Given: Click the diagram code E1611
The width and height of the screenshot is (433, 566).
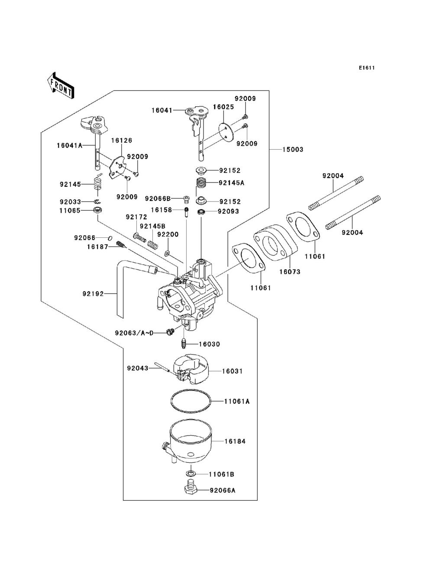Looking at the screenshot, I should [x=366, y=68].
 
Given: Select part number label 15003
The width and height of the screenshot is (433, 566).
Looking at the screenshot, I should [x=293, y=150].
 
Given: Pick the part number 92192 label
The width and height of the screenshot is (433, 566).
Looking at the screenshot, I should [x=93, y=294].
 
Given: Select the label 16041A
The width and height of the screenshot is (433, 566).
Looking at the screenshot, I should [x=69, y=145].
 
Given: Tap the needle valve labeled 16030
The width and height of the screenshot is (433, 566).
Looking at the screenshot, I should [x=183, y=345].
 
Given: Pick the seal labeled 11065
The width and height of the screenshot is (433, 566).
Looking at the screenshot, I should [x=98, y=211].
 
